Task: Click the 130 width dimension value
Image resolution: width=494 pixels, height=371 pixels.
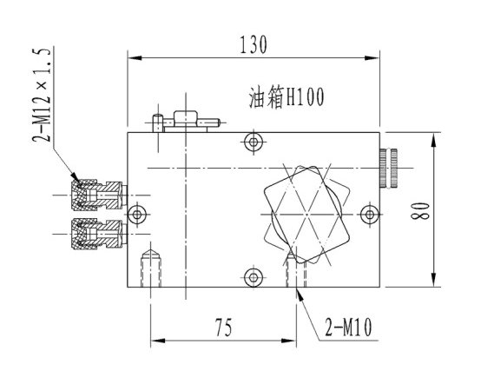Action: pos(254,44)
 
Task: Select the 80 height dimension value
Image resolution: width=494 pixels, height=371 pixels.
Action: pos(420,210)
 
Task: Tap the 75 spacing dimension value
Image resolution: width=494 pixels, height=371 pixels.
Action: pos(223,327)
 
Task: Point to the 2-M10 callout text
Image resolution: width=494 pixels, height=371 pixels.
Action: pos(348,327)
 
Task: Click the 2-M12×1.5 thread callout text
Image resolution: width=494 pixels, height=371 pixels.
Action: pos(41,96)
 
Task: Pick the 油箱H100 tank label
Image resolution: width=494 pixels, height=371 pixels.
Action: pos(287,97)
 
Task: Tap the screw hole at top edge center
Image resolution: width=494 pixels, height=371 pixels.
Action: pos(254,142)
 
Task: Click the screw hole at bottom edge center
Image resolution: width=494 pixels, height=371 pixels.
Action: pos(254,277)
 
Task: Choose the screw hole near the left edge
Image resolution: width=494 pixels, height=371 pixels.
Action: pos(137,215)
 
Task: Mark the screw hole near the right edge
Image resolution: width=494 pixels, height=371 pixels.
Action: pos(370,215)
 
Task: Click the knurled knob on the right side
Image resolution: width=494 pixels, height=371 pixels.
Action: pos(389,168)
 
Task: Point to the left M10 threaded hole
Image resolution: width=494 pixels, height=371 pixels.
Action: pos(151,268)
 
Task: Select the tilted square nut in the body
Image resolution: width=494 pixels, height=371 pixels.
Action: pos(307,215)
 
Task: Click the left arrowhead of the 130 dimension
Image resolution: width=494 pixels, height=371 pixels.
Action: pos(135,58)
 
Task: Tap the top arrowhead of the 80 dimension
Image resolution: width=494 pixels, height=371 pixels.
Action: pos(434,140)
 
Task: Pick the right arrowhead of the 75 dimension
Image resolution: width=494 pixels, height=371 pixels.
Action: pos(289,341)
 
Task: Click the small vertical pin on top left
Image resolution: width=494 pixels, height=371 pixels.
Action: pos(157,123)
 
